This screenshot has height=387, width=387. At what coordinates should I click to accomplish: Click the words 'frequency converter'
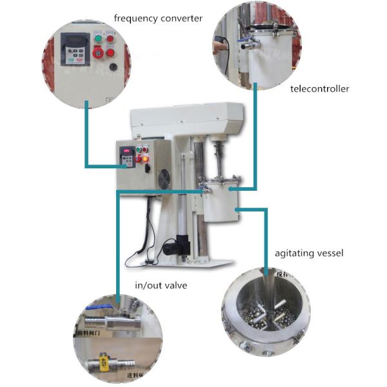pos(157,18)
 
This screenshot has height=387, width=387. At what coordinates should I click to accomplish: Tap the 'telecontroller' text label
pos(319,88)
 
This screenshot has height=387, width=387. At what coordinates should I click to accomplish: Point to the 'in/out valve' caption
pos(161,284)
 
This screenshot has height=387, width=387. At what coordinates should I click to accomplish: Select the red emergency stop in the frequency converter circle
pos(110,52)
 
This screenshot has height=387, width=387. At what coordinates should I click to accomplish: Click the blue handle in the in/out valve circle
pos(97,309)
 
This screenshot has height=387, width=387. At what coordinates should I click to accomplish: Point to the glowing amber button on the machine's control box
pos(146,159)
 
